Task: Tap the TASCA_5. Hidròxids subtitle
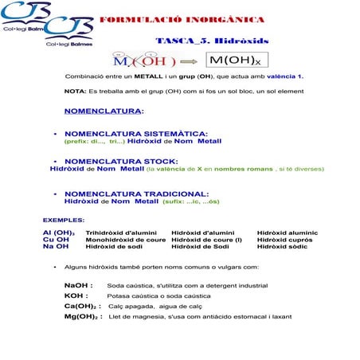click(211, 41)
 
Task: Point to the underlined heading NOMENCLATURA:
click(104, 111)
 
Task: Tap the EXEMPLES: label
click(63, 219)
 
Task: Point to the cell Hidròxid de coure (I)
click(206, 239)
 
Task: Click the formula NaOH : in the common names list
click(79, 284)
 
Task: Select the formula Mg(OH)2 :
click(83, 316)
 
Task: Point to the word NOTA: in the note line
click(76, 92)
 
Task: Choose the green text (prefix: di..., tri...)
click(94, 141)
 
